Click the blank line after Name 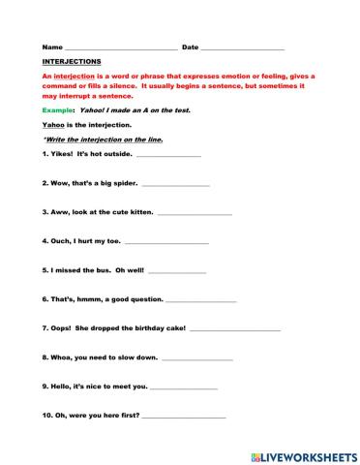tap(120, 48)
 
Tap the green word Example tap(59, 110)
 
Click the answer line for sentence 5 tap(177, 272)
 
